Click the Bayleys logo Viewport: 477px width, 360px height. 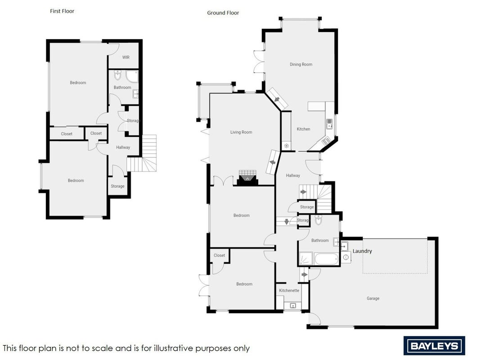(434, 346)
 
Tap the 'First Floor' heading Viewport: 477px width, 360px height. (62, 11)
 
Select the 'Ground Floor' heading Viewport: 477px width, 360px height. (223, 13)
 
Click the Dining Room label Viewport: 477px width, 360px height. (301, 64)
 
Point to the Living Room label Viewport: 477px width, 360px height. (241, 132)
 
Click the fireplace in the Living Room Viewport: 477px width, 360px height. (247, 178)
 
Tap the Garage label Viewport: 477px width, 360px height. (373, 298)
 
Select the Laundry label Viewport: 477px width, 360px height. (362, 251)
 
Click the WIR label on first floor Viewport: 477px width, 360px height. (126, 57)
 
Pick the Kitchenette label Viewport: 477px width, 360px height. (289, 291)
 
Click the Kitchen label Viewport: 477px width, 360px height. (303, 129)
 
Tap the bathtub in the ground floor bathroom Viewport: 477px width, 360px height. (326, 259)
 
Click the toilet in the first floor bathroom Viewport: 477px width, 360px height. (118, 75)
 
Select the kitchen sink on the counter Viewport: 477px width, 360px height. (329, 123)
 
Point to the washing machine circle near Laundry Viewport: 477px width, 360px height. (346, 257)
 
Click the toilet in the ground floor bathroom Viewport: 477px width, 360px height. (318, 220)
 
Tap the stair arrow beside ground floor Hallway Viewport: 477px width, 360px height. (303, 192)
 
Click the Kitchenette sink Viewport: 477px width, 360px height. (293, 305)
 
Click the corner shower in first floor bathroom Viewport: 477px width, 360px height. (132, 76)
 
